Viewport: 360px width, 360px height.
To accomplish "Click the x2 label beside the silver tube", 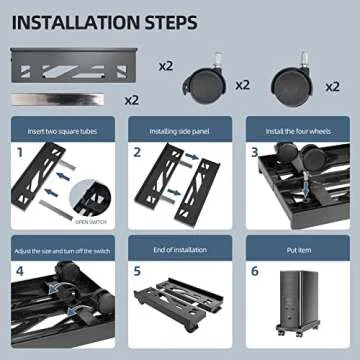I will (x=131, y=100).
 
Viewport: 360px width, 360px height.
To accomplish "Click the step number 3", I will (x=256, y=154).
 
